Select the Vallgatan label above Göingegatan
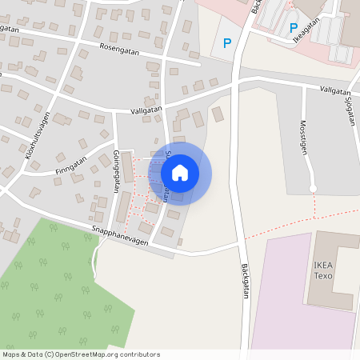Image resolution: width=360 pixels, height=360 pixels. pyautogui.click(x=146, y=110)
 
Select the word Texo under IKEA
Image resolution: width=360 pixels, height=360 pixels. pyautogui.click(x=323, y=276)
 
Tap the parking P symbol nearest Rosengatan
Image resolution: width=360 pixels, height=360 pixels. pyautogui.click(x=227, y=43)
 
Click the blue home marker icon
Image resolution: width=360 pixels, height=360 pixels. pyautogui.click(x=180, y=173)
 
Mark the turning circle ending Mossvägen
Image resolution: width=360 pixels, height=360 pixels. pyautogui.click(x=313, y=189)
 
